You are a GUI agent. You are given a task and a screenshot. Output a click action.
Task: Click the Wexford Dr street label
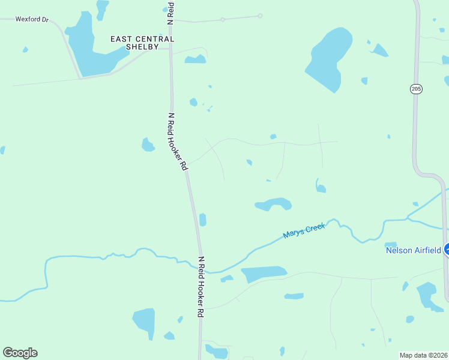(31, 19)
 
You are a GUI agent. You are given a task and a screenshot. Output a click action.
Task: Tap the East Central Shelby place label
(142, 43)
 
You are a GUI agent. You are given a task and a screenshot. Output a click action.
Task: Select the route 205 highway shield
(417, 89)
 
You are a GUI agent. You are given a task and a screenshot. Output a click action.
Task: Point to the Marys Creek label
(304, 230)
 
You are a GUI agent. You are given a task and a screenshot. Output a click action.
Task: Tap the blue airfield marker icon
(446, 250)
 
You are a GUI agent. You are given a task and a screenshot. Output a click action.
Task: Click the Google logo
(20, 352)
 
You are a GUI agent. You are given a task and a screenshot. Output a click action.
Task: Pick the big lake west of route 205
(328, 58)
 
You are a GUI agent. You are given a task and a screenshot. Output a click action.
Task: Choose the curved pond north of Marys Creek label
(274, 204)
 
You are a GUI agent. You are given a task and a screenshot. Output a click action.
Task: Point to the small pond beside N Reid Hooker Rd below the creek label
(203, 220)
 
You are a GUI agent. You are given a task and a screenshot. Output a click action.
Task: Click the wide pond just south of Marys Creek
(264, 274)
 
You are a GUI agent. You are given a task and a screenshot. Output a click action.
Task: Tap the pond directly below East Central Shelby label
(195, 59)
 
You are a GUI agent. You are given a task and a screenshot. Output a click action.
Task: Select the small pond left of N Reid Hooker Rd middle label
(148, 145)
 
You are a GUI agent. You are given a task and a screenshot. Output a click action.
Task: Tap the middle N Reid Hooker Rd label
(178, 142)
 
